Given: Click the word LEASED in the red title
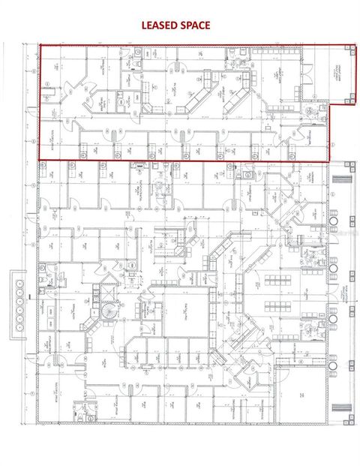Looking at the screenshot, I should point(158,25).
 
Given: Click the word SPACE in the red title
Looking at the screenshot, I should point(193,25).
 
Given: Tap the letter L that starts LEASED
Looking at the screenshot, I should point(145,25).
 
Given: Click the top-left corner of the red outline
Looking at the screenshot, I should point(40,45).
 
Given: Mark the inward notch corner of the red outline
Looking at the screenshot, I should point(328,104).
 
